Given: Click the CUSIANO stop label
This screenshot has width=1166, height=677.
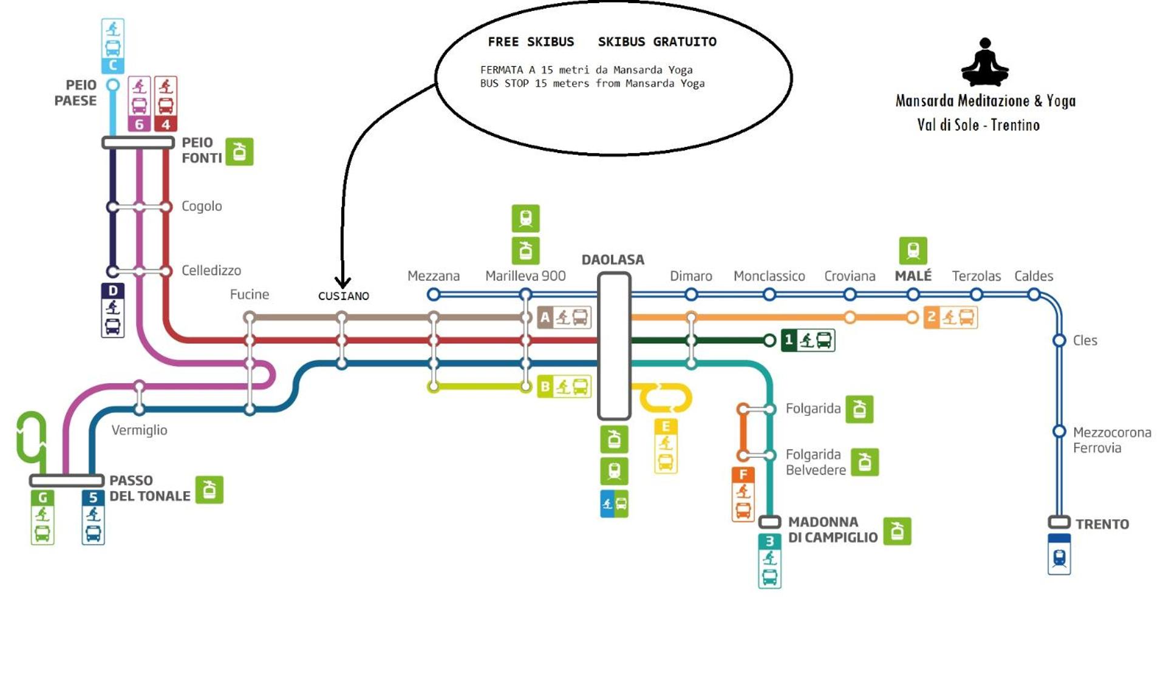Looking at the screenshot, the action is (343, 296).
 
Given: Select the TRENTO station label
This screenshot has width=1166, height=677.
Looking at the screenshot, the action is (1102, 524).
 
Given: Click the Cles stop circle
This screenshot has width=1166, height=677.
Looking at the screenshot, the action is (1059, 341).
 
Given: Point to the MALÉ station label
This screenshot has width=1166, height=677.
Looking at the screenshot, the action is (913, 276).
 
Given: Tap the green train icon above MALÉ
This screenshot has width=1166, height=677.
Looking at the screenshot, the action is (913, 251).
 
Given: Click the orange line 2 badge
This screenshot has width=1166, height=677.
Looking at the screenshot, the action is (950, 317).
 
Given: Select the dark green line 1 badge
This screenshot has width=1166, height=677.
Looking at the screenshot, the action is (808, 340).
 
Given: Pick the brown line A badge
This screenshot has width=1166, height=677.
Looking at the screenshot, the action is (564, 317).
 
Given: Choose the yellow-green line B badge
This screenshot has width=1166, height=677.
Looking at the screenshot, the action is (564, 386).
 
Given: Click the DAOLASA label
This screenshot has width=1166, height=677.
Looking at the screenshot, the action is (613, 260).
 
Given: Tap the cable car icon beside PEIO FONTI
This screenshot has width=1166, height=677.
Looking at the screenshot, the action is (239, 151).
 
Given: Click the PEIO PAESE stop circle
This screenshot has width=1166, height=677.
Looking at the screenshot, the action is (113, 85).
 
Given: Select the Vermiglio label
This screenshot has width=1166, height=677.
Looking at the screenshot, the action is (139, 430).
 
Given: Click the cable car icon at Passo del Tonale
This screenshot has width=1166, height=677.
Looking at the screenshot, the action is (210, 489).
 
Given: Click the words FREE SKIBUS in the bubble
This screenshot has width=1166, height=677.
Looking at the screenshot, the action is (531, 42).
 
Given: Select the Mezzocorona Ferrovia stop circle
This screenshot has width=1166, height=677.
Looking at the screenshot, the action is (1059, 432).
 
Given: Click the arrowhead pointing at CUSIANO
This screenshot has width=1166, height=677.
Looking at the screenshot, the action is (343, 283).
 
